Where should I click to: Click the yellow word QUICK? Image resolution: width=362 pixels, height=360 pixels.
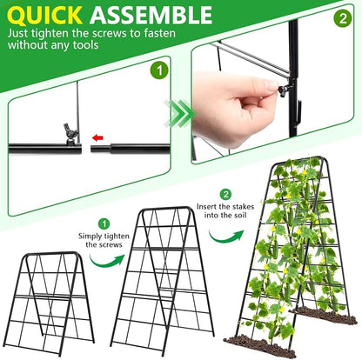pos(45,15)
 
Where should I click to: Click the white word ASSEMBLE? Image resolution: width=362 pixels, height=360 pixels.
pos(151,15)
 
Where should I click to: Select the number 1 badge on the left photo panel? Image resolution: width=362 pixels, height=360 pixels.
pos(159,71)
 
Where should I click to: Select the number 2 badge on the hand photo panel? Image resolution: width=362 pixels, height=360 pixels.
pos(343,18)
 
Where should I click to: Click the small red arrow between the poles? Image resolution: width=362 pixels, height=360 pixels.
pos(97,137)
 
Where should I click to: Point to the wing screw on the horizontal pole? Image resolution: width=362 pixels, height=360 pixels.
pos(71,133)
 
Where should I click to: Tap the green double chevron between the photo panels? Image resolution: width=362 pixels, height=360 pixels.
pos(179,114)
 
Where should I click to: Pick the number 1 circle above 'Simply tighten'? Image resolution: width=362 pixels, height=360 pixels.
pos(104,223)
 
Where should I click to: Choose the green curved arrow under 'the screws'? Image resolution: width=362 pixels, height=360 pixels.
pos(107,261)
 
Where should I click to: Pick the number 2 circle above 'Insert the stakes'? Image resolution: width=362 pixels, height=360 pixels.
pos(225,195)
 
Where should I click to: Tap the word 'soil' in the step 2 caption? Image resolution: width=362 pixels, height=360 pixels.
pos(239,216)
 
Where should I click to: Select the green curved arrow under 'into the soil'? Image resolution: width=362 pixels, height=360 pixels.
pos(226,237)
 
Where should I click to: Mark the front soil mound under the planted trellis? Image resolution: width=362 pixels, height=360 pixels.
pos(259,346)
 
